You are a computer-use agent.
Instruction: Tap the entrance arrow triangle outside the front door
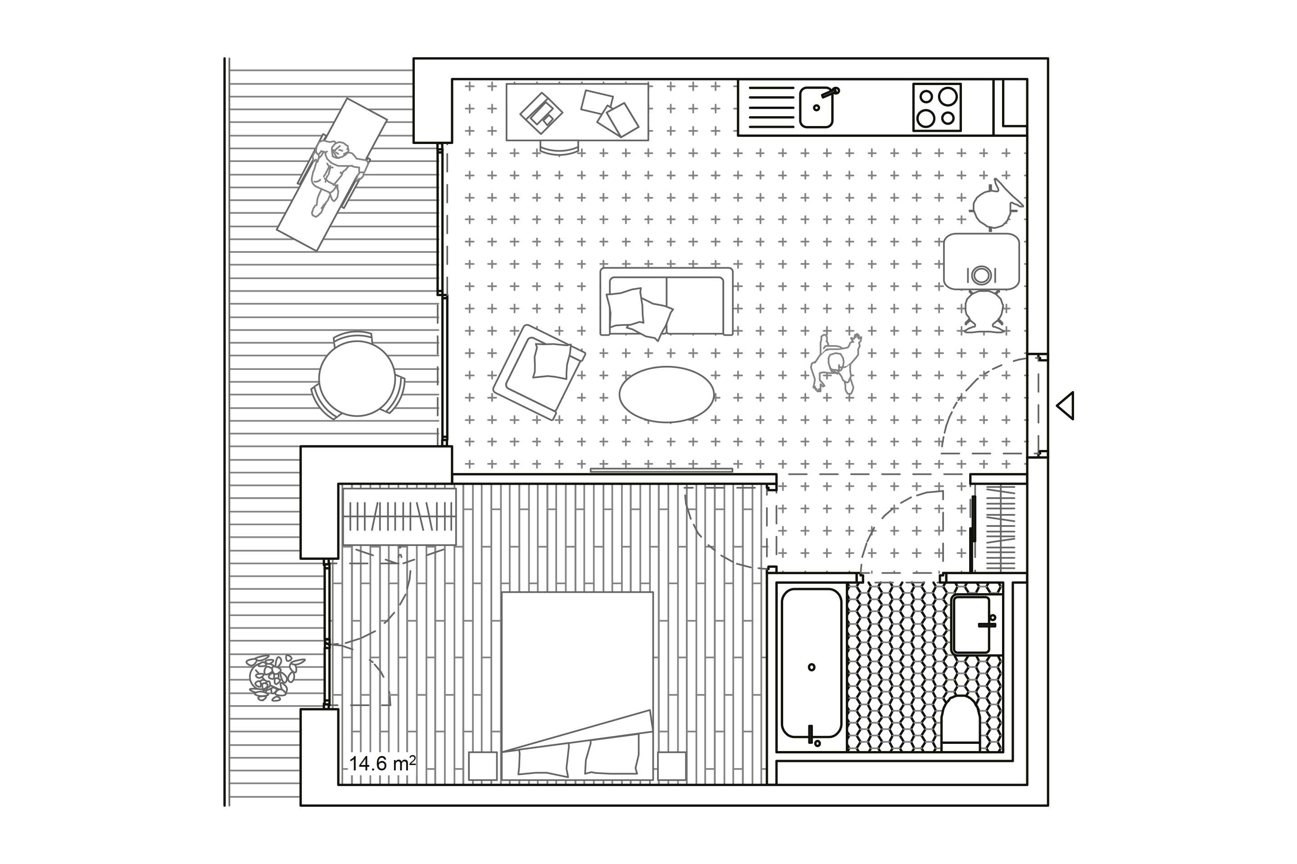point(1066,405)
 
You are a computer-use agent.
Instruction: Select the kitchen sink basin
point(816,107)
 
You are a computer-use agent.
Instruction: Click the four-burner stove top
point(937,108)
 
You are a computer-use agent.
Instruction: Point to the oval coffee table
point(667,395)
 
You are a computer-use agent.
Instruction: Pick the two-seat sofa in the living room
point(667,301)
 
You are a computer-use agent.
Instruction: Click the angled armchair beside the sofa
point(539,372)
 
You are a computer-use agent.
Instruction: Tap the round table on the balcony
point(357,378)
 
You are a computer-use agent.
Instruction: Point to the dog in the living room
point(835,363)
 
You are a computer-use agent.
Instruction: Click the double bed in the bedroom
point(577,686)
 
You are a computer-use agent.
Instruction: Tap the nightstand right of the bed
point(671,766)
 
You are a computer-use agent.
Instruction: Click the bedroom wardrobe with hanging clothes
point(400,516)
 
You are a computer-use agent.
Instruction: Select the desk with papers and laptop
point(577,112)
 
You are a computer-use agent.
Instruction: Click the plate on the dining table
point(981,274)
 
